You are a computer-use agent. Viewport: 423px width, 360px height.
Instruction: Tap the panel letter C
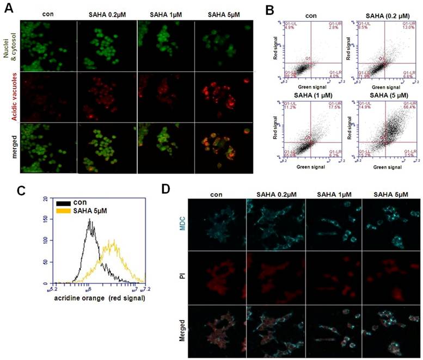8,190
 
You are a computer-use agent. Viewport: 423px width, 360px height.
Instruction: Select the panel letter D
169,190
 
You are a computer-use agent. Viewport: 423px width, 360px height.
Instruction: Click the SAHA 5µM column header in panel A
222,13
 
